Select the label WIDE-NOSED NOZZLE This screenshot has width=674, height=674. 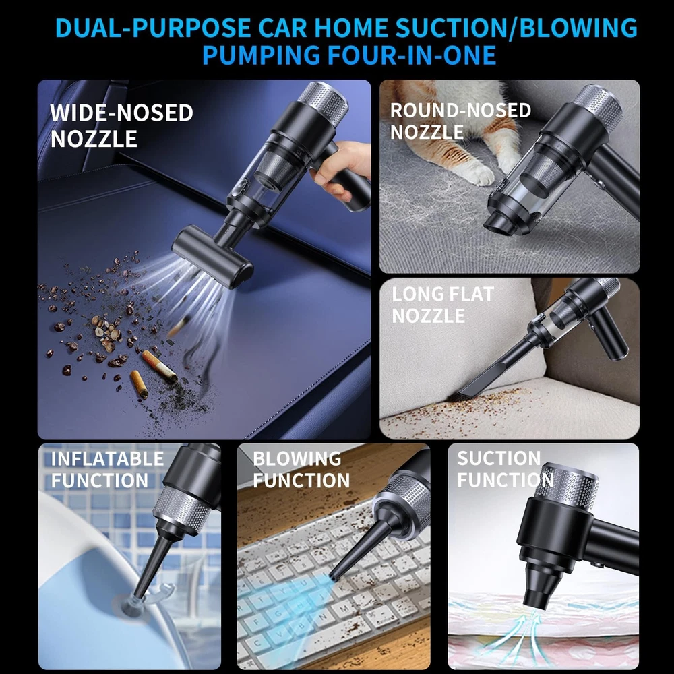click(x=121, y=125)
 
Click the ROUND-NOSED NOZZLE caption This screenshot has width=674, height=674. click(x=460, y=121)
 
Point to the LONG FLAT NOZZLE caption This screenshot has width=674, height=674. click(x=443, y=305)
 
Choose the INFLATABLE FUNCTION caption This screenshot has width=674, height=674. click(x=107, y=469)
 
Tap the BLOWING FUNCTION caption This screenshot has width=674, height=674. click(x=301, y=469)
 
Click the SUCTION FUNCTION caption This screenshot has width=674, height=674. click(x=505, y=468)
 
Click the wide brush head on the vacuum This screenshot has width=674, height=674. click(x=212, y=256)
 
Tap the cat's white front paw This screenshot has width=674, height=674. click(x=481, y=174)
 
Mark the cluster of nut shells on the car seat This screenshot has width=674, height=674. click(x=105, y=331)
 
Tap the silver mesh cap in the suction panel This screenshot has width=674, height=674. click(x=568, y=486)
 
